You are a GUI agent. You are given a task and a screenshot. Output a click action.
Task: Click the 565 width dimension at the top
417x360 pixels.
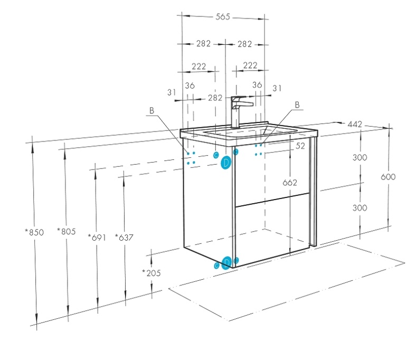pos(223,17)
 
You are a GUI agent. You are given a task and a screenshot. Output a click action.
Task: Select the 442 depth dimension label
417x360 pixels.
pos(354,125)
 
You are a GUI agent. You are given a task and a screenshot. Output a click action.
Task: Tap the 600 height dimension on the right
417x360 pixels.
pos(388,177)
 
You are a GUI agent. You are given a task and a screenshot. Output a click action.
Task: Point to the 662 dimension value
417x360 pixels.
pos(290,183)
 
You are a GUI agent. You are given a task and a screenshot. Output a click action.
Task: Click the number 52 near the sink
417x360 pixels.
pos(300,147)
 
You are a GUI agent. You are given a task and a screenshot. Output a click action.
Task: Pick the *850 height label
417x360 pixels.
pos(34,232)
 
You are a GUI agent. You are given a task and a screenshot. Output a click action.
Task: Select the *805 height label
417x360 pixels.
pos(67,232)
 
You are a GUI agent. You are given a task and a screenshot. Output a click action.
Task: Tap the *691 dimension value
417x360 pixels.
pos(97,237)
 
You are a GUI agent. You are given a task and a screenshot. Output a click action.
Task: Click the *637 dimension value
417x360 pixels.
pos(124,237)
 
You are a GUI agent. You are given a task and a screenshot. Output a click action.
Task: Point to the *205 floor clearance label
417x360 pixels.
pos(151,273)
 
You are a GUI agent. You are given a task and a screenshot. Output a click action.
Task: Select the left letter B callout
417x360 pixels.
pos(151,111)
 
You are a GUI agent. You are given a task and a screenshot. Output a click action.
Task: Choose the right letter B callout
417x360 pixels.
pos(297,105)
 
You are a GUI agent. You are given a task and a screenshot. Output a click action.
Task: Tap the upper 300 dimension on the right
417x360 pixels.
pos(359,158)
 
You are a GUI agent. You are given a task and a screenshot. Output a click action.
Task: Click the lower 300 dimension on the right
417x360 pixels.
pos(359,208)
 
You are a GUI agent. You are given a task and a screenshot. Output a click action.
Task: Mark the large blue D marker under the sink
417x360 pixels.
pos(226,163)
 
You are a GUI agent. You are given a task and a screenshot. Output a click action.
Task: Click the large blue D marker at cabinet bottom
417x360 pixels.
pos(226,262)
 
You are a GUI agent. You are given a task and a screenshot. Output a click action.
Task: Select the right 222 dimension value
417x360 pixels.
pos(250,65)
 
